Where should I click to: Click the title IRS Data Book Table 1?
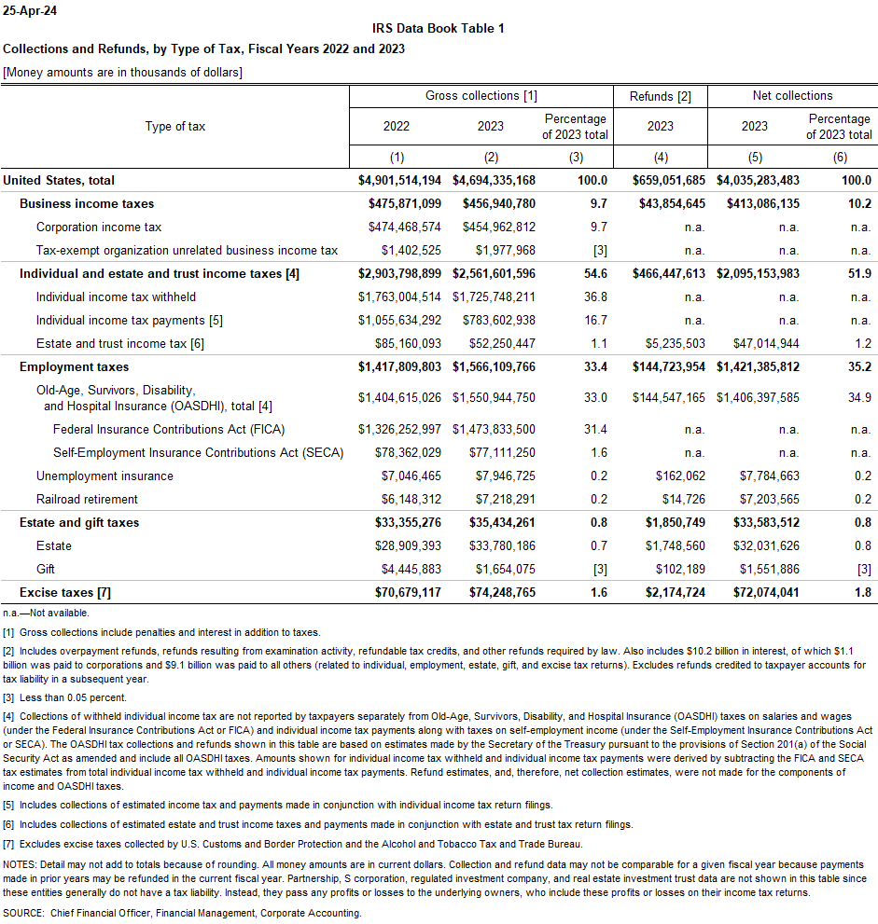[x=439, y=28]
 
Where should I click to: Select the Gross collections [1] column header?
[x=481, y=96]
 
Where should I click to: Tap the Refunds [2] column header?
[x=660, y=96]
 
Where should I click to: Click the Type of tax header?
[x=175, y=126]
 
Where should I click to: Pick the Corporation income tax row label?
[x=99, y=227]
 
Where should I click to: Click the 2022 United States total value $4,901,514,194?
[x=399, y=180]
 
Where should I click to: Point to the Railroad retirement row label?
[x=87, y=499]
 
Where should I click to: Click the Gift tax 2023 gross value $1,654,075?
[x=502, y=569]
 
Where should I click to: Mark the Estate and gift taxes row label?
[x=79, y=522]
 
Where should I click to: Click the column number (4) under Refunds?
[x=660, y=157]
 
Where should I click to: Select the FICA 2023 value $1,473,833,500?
[x=494, y=429]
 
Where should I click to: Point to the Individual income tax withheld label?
[x=116, y=297]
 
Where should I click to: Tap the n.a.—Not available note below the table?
[x=47, y=613]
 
